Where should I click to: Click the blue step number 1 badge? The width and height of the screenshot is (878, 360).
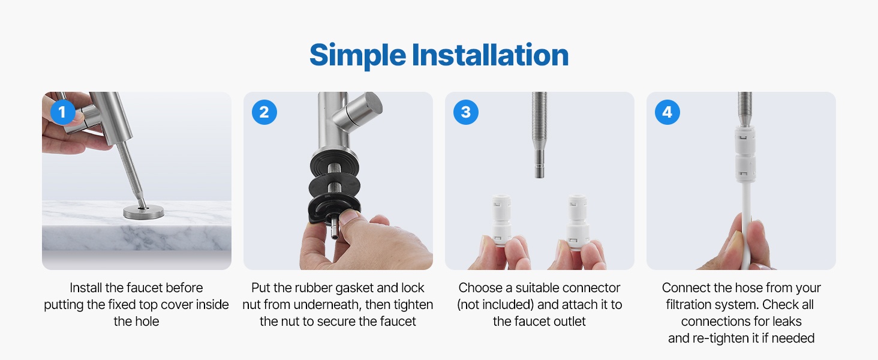[x=63, y=112]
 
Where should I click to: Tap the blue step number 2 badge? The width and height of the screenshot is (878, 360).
[x=264, y=112]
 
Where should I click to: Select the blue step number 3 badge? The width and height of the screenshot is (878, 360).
[x=465, y=112]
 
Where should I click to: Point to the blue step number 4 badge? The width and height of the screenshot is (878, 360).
[x=667, y=112]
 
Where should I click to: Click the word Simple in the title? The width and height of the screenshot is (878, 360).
[x=357, y=56]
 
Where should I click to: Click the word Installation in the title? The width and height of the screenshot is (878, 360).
[x=490, y=55]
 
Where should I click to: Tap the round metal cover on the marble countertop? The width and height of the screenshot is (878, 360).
[x=143, y=212]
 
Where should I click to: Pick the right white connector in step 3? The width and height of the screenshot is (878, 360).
[x=578, y=221]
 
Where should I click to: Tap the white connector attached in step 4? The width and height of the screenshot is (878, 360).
[x=744, y=154]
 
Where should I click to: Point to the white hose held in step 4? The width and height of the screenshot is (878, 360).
[x=746, y=226]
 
